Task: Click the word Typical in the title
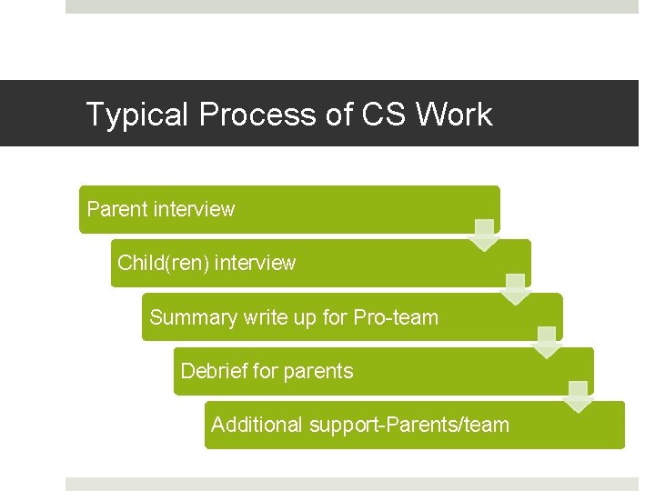tap(137, 115)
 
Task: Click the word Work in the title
tap(454, 115)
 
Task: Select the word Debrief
tap(214, 371)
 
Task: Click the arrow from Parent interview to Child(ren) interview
tap(485, 235)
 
